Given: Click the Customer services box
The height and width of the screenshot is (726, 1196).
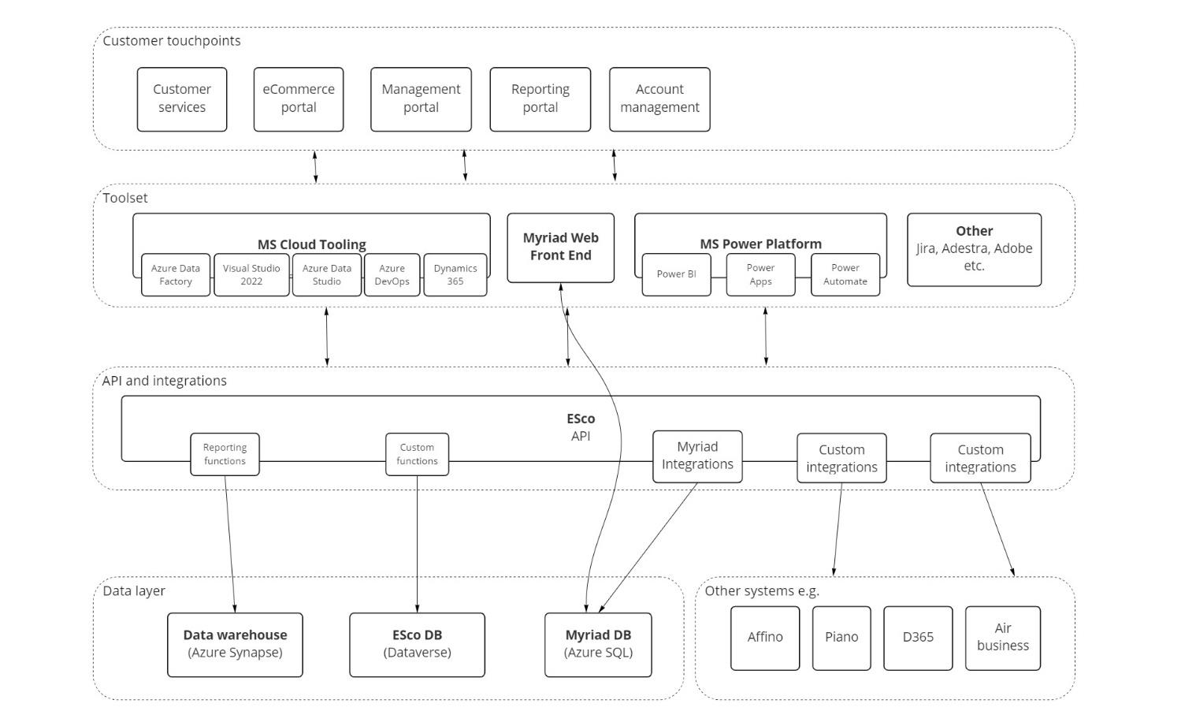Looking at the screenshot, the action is click(x=182, y=99).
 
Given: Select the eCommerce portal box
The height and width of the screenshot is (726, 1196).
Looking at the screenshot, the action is click(x=299, y=99).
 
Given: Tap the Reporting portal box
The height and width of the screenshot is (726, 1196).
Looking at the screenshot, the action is click(x=540, y=99).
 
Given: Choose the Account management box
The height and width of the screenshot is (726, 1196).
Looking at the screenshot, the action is click(x=660, y=99).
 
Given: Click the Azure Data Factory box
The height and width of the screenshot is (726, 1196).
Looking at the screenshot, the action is click(x=176, y=274).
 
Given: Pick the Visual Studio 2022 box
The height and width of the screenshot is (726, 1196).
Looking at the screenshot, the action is click(x=251, y=274).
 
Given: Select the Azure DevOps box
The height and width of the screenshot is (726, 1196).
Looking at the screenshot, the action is click(x=392, y=274).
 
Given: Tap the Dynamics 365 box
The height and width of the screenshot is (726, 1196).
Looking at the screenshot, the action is click(x=455, y=274).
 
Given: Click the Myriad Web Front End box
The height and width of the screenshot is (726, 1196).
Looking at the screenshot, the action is click(x=561, y=248).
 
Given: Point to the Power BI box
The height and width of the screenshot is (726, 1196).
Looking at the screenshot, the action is click(x=677, y=274).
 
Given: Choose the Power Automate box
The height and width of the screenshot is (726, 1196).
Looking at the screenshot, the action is click(x=845, y=274).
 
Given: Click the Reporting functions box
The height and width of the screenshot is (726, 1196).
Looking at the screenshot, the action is click(x=225, y=454).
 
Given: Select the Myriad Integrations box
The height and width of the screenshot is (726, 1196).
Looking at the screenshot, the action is click(x=697, y=456).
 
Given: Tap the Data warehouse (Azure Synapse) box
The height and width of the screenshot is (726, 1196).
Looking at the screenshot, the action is click(x=235, y=645).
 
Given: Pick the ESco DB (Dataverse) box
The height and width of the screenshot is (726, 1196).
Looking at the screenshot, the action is click(x=417, y=645).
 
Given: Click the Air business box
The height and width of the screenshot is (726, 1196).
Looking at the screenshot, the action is click(x=1003, y=638).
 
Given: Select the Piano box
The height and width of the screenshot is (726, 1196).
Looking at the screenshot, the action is click(x=841, y=638).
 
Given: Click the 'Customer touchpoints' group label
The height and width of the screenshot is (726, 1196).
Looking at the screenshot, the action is click(x=172, y=41).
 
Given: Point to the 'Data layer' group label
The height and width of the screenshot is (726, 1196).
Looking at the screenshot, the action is click(x=133, y=591).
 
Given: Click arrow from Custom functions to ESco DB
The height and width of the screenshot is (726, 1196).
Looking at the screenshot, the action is click(x=417, y=544).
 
